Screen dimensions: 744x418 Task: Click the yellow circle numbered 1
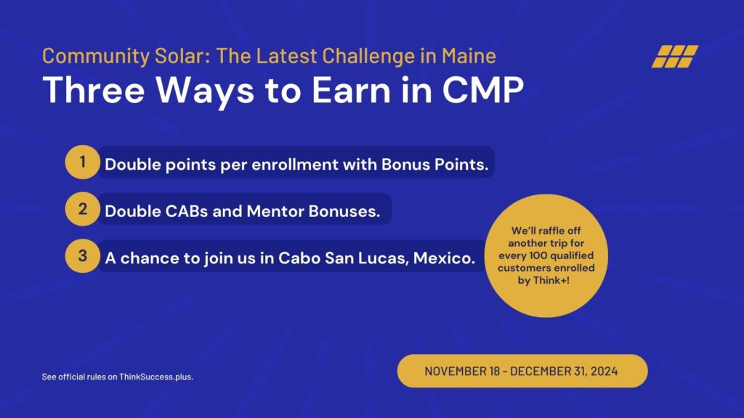pyautogui.click(x=82, y=162)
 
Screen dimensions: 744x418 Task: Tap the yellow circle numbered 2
pyautogui.click(x=82, y=209)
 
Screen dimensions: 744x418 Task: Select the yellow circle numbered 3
pyautogui.click(x=82, y=256)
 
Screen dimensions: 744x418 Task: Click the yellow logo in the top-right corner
pyautogui.click(x=675, y=57)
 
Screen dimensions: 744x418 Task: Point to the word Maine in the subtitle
pyautogui.click(x=469, y=56)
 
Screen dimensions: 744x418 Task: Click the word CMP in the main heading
pyautogui.click(x=483, y=89)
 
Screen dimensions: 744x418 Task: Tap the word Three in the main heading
pyautogui.click(x=94, y=89)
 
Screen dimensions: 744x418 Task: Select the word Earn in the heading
pyautogui.click(x=352, y=89)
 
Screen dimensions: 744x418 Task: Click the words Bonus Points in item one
pyautogui.click(x=434, y=165)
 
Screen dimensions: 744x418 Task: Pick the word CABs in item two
pyautogui.click(x=187, y=211)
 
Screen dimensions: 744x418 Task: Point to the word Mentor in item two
pyautogui.click(x=275, y=211)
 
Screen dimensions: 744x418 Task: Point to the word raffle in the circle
pyautogui.click(x=549, y=231)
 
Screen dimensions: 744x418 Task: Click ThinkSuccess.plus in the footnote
pyautogui.click(x=156, y=377)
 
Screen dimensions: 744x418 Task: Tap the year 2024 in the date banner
pyautogui.click(x=604, y=371)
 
